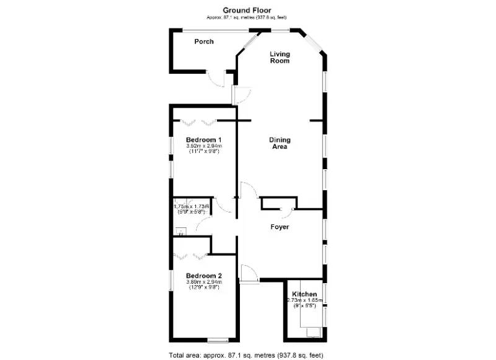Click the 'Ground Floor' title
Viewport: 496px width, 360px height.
[x=247, y=9]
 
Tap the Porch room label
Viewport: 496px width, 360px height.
[x=204, y=42]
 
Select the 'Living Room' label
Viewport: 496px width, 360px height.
[x=280, y=58]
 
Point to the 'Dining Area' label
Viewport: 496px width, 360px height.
[x=280, y=144]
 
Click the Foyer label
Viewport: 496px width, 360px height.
[x=280, y=227]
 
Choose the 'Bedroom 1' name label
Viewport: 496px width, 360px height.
[x=204, y=140]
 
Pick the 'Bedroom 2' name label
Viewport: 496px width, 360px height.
[x=204, y=276]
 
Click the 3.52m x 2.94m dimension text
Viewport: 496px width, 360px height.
[x=204, y=146]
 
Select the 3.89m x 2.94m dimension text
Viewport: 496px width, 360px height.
[x=204, y=282]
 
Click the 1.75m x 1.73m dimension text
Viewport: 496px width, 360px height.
[x=192, y=206]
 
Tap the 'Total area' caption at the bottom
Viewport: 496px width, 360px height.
[x=246, y=355]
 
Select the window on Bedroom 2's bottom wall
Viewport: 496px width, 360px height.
[x=218, y=338]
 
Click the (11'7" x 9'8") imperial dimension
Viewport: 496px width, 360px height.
[x=204, y=151]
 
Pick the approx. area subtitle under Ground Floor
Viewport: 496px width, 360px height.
[x=247, y=17]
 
